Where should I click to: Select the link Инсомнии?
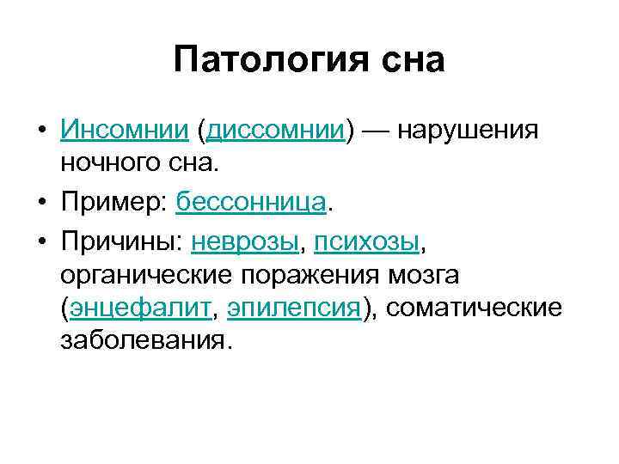tap(124, 131)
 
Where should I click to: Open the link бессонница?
tap(251, 204)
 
